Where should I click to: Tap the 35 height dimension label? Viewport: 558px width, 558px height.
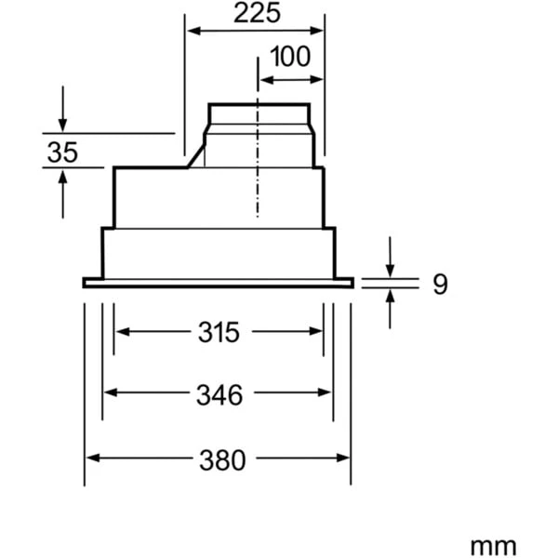coord(62,153)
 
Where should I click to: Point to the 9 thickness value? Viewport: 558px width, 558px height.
coord(440,284)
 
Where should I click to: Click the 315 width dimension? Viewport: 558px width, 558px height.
coord(219,331)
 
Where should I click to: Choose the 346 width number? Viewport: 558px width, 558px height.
coord(219,394)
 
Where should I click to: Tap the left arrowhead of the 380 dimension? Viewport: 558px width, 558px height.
coord(91,458)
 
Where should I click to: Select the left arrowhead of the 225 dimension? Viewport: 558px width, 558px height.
coord(193,31)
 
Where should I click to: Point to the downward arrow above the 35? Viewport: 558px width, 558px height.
coord(62,126)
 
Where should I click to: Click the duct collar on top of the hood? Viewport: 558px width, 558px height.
coord(259,119)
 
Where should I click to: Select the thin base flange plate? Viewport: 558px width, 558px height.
coord(218,282)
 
